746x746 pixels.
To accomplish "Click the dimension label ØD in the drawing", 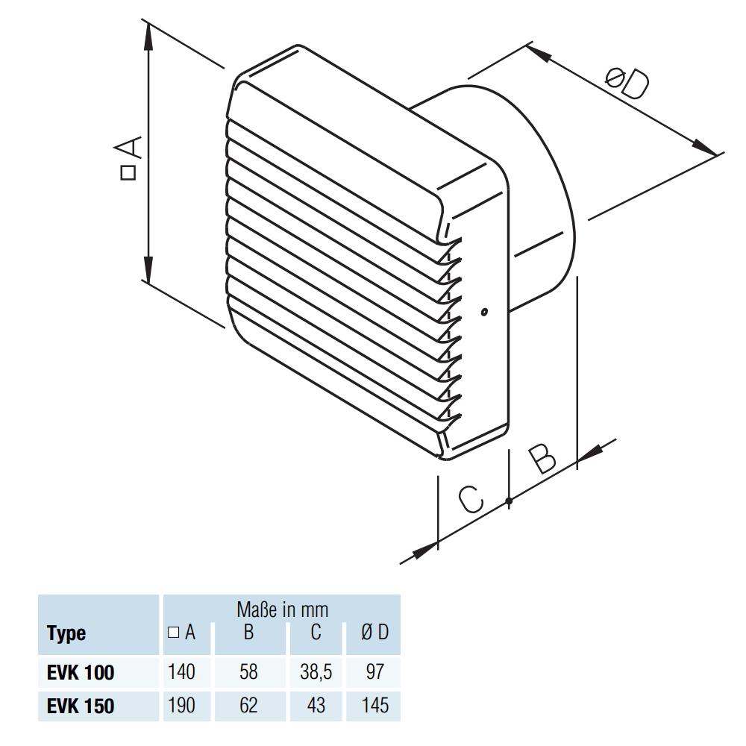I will click(x=627, y=84).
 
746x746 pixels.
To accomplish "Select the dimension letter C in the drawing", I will click(x=471, y=499).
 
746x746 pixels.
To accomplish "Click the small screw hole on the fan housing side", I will click(x=484, y=312).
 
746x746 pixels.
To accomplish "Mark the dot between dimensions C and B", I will click(x=509, y=501).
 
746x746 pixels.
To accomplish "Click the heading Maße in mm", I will click(x=282, y=609).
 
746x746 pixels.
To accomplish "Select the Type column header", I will click(x=66, y=634).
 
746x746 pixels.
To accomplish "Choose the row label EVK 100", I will click(x=81, y=672).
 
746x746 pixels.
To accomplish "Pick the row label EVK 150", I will click(x=81, y=706).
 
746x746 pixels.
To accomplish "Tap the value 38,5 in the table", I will click(x=316, y=672).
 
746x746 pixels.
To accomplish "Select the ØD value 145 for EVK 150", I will click(x=374, y=706).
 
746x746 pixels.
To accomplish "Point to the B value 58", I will click(x=248, y=672).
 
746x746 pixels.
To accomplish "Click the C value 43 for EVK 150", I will click(x=316, y=706).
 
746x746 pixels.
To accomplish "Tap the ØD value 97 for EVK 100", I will click(x=374, y=672).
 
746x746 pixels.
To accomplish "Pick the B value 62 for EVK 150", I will click(x=248, y=706).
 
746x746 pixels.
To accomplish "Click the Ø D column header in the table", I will click(x=374, y=633).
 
